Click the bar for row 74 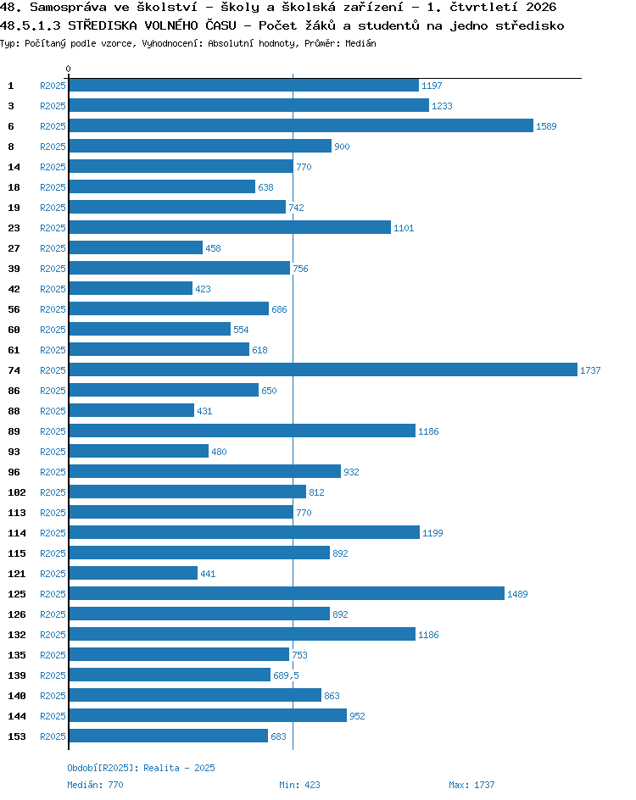[323, 369]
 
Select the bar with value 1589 [301, 125]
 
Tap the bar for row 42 [131, 288]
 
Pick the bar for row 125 [287, 593]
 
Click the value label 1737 [590, 370]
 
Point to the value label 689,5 [286, 675]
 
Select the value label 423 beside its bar [203, 289]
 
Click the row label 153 [16, 736]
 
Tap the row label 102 [16, 492]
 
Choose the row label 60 [14, 330]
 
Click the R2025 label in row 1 [53, 86]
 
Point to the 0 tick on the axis [69, 69]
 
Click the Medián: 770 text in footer [96, 785]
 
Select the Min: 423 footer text [299, 785]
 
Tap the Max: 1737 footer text [471, 785]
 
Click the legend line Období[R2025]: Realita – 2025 [141, 768]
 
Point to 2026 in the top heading [540, 7]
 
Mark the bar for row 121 [133, 573]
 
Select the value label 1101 [404, 228]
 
